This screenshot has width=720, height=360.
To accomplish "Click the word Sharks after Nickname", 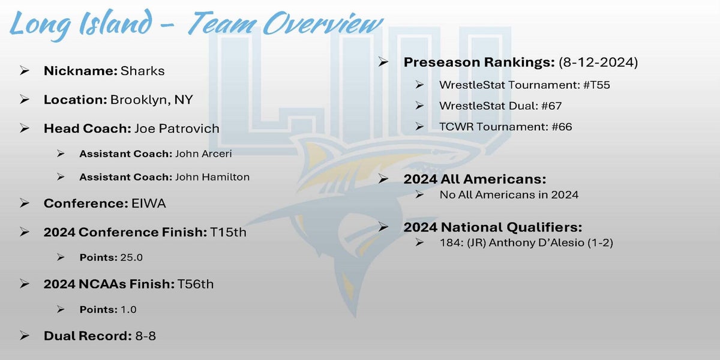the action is point(142,71).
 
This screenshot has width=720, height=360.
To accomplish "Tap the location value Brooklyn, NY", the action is point(151,100).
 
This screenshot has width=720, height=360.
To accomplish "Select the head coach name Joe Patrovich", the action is point(177,128).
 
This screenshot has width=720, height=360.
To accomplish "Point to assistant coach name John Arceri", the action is point(203,154).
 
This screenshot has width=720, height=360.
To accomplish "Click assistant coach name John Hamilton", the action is point(212,177).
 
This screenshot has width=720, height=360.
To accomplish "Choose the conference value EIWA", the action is point(149,203).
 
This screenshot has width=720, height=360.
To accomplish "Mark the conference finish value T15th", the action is point(228,232).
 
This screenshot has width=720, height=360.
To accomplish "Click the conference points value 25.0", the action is point(131,257).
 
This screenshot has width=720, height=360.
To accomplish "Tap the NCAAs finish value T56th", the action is point(196,284).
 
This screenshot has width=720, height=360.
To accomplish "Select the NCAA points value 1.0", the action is point(128,310).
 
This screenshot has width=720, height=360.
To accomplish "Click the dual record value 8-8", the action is point(146,336).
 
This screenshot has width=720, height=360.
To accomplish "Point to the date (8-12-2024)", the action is point(598,62).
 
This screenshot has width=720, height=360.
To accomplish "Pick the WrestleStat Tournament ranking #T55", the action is point(596,85).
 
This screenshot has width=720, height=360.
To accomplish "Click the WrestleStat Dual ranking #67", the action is point(551,106).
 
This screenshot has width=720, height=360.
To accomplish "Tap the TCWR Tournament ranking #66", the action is point(562,127).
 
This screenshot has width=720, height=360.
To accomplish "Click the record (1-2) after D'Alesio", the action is point(601,242).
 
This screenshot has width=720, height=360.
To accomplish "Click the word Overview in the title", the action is point(323,23).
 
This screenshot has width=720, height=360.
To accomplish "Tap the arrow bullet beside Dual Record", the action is point(25,335).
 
